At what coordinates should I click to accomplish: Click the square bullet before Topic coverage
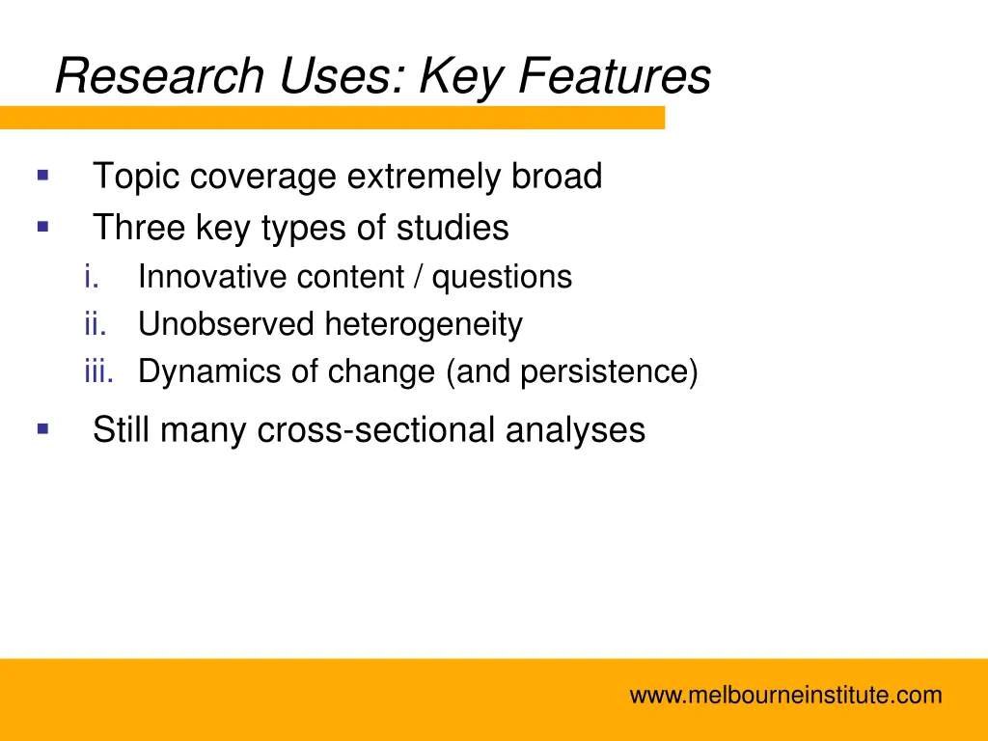tap(42, 176)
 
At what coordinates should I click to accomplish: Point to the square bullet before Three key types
tap(42, 228)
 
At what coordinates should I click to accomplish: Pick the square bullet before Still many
tap(42, 428)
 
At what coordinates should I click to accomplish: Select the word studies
tap(455, 229)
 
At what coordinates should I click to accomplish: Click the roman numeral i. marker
tap(93, 278)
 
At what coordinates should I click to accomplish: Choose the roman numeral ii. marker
tap(95, 324)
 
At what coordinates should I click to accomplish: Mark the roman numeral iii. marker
tap(98, 371)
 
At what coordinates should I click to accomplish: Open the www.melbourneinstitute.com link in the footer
tap(785, 695)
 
